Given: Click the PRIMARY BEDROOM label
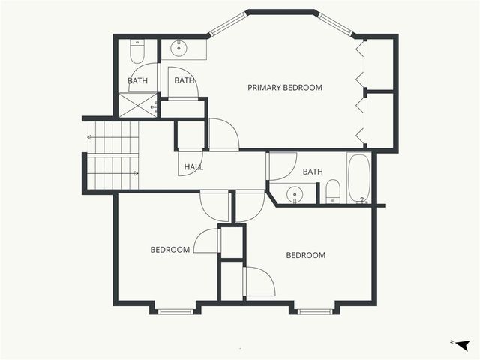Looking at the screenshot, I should click(x=285, y=88).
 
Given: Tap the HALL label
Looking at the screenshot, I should click(x=193, y=167).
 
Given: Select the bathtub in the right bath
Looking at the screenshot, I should click(x=358, y=178).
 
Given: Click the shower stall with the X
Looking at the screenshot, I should click(x=138, y=104).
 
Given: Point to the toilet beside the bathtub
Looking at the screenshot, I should click(x=333, y=192).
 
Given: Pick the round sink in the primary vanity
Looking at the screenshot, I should click(x=179, y=49).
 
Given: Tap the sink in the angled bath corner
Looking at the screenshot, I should click(x=294, y=195).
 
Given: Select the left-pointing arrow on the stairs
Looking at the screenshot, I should click(x=91, y=137).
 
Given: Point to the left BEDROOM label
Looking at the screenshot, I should click(x=169, y=250).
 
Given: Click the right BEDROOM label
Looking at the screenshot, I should click(x=306, y=255).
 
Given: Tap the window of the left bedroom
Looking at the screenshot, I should click(x=176, y=310).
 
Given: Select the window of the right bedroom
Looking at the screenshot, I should click(x=315, y=310).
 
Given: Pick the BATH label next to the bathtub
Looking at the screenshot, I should click(x=313, y=172).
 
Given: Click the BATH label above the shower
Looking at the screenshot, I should click(x=138, y=80).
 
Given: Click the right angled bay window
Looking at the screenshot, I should click(x=337, y=24).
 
